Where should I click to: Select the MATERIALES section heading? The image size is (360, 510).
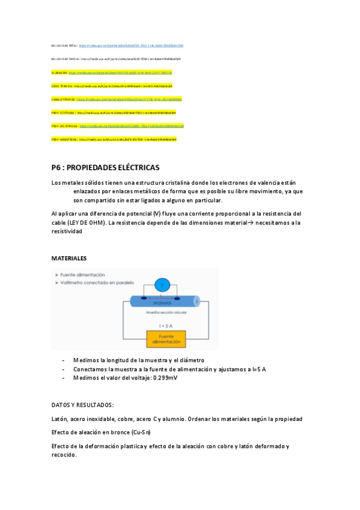(x=69, y=258)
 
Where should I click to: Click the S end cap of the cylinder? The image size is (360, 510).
(x=197, y=301)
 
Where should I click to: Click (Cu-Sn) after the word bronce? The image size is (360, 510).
(x=141, y=432)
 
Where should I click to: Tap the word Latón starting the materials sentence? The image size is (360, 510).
(x=60, y=419)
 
